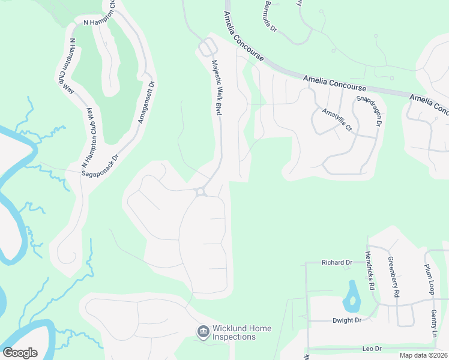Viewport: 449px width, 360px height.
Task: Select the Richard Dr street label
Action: click(337, 263)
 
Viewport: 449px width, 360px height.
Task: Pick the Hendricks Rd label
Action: click(369, 271)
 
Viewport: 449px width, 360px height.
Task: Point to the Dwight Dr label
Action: click(348, 320)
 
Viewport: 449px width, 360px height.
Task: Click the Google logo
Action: click(20, 352)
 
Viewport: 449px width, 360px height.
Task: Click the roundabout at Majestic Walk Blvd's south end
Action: click(200, 191)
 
